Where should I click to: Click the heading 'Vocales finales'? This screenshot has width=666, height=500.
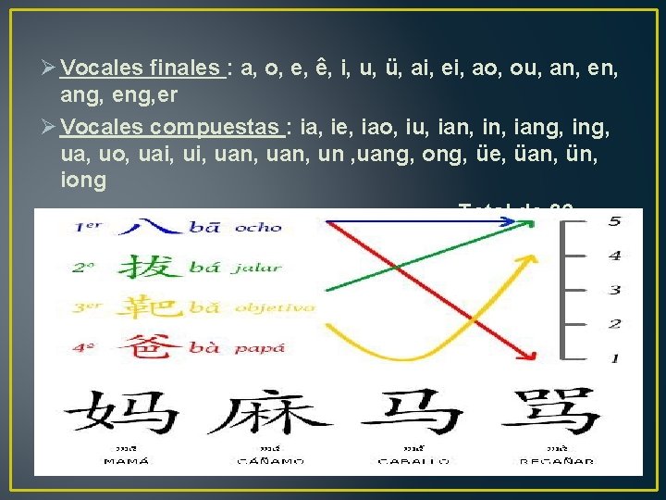click(141, 68)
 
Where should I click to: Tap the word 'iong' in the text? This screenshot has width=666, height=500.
click(83, 180)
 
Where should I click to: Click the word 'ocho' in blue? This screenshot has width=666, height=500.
click(258, 227)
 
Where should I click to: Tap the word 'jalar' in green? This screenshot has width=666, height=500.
click(256, 268)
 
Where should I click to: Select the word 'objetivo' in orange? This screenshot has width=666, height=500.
click(275, 306)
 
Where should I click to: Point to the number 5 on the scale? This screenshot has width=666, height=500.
click(614, 221)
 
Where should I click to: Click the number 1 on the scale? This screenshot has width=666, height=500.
click(614, 358)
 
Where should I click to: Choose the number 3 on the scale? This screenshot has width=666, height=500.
click(614, 290)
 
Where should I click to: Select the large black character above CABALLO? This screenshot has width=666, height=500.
click(412, 413)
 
